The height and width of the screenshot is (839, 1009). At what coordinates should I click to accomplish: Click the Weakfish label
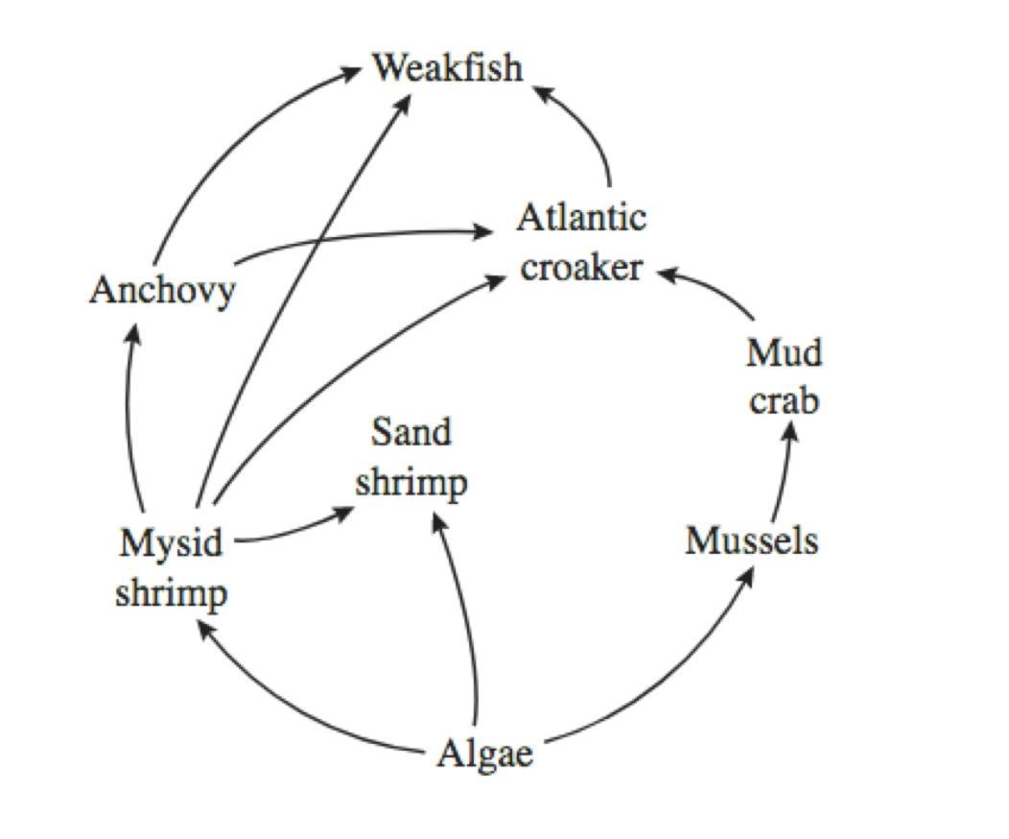click(x=448, y=68)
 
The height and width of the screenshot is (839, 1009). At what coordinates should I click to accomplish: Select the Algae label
click(x=484, y=755)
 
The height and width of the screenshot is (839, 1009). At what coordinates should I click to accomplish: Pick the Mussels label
click(x=752, y=541)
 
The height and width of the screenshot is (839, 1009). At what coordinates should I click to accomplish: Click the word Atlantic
click(x=581, y=219)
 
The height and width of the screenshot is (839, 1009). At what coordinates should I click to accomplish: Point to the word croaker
click(x=581, y=267)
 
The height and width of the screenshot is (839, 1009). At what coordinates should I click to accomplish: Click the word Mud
click(x=785, y=353)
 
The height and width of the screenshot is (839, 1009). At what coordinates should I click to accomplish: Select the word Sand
click(x=411, y=433)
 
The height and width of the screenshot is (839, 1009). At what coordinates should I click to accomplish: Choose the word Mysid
click(x=172, y=543)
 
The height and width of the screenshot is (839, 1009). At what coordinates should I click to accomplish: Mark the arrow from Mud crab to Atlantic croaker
click(x=710, y=287)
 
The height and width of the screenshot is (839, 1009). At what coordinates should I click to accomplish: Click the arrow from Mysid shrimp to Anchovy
click(x=129, y=413)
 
